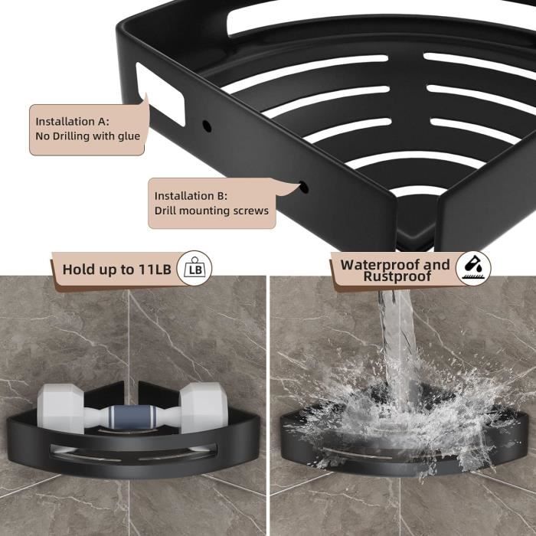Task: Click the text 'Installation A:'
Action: [x=73, y=121]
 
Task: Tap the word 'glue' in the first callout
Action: [x=126, y=136]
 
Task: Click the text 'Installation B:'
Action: [x=191, y=195]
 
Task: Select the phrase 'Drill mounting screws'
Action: [x=212, y=211]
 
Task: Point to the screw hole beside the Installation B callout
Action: [x=304, y=186]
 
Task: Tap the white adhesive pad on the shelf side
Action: [x=160, y=93]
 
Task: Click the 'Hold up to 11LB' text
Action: [x=116, y=269]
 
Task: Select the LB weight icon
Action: [x=194, y=269]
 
